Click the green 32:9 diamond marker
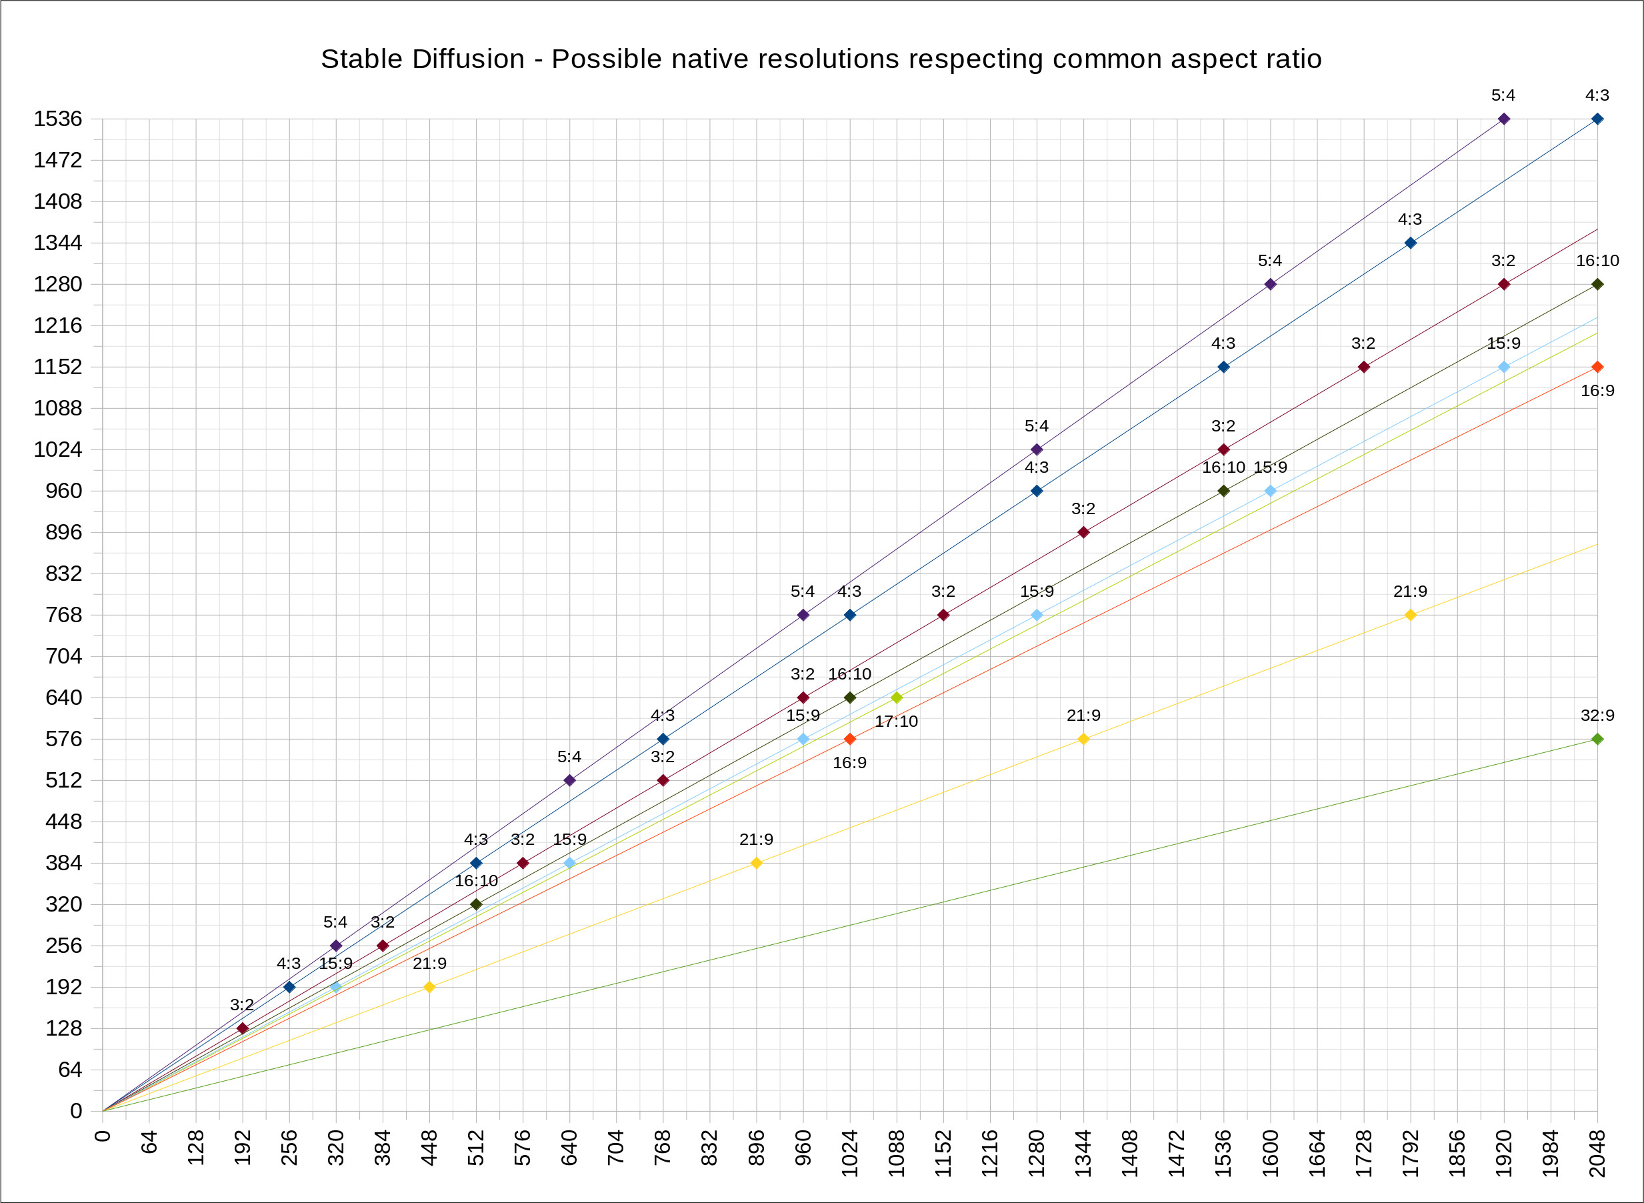(x=1597, y=739)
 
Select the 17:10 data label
(x=896, y=722)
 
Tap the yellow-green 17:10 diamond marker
(x=896, y=698)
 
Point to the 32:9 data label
(x=1597, y=715)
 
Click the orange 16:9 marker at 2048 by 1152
(x=1597, y=367)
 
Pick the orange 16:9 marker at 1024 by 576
(x=850, y=739)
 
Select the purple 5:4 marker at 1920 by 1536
(x=1503, y=119)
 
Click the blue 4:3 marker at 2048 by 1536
(x=1597, y=119)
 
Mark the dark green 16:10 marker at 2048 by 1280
(x=1597, y=284)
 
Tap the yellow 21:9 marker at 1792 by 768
(x=1410, y=616)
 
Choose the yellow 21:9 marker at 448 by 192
(x=429, y=987)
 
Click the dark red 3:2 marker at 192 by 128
(x=243, y=1028)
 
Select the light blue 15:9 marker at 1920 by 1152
(x=1503, y=367)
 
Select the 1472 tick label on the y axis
(x=58, y=160)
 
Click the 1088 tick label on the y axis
(x=58, y=408)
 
